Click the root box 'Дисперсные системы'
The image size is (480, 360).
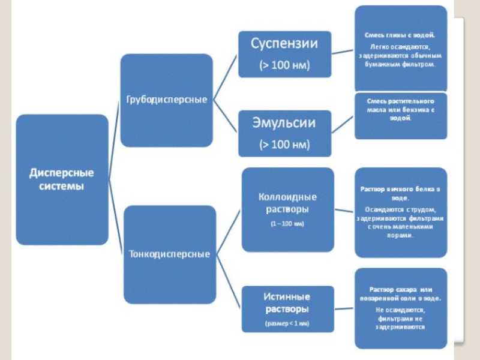[x=62, y=179]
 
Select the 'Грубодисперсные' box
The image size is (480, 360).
[x=166, y=100]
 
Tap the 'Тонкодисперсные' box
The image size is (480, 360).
[x=170, y=254]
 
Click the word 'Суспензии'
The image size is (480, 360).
[x=284, y=44]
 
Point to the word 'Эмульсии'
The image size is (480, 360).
[x=284, y=124]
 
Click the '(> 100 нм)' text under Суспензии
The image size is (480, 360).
[x=284, y=65]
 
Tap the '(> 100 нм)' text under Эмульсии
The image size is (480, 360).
[x=284, y=145]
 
